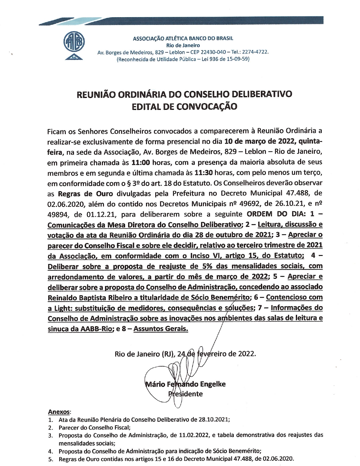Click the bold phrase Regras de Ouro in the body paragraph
click(x=85, y=194)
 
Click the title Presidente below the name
click(x=186, y=394)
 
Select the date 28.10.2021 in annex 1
click(x=214, y=419)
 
